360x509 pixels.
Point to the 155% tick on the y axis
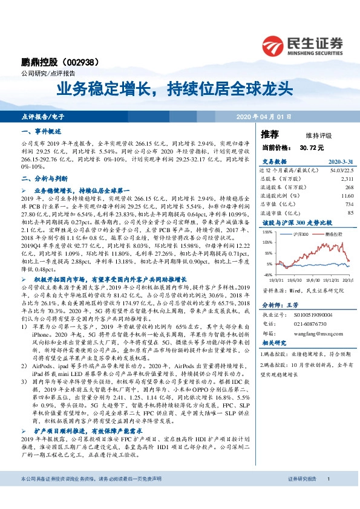[x=267, y=232]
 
